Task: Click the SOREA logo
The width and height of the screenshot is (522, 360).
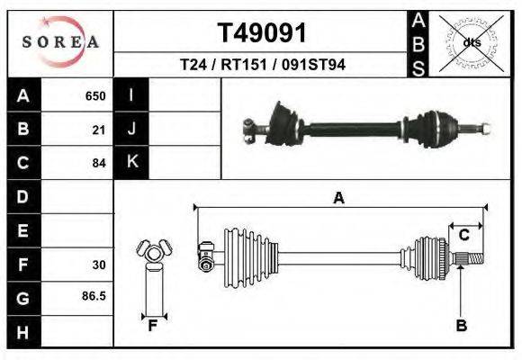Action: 60,41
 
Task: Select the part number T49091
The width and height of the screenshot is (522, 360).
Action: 263,33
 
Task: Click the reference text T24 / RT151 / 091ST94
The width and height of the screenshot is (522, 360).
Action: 263,65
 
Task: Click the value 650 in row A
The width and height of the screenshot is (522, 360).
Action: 95,95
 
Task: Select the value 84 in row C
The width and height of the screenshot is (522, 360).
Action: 99,163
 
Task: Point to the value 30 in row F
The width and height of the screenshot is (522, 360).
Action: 99,265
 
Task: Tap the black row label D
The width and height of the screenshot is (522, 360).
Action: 22,196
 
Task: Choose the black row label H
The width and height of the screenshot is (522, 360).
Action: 22,331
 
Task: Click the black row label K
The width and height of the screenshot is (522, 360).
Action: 131,162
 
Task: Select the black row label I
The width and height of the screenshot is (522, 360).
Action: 131,95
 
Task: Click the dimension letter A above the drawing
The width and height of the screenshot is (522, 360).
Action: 338,198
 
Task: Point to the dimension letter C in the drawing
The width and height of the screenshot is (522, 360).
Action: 464,235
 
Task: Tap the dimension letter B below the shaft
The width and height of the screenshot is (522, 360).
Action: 461,326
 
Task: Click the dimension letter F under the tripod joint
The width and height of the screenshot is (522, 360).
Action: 153,326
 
